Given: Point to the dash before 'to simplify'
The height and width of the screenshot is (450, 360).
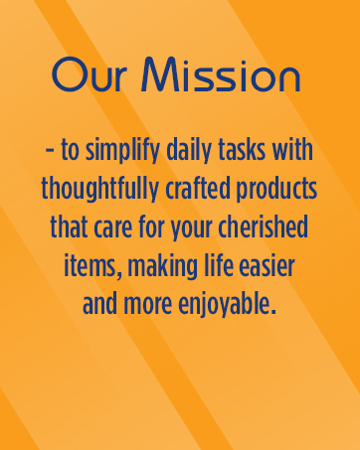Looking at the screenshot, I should [x=49, y=154].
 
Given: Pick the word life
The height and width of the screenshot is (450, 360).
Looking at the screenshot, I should [x=222, y=268].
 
